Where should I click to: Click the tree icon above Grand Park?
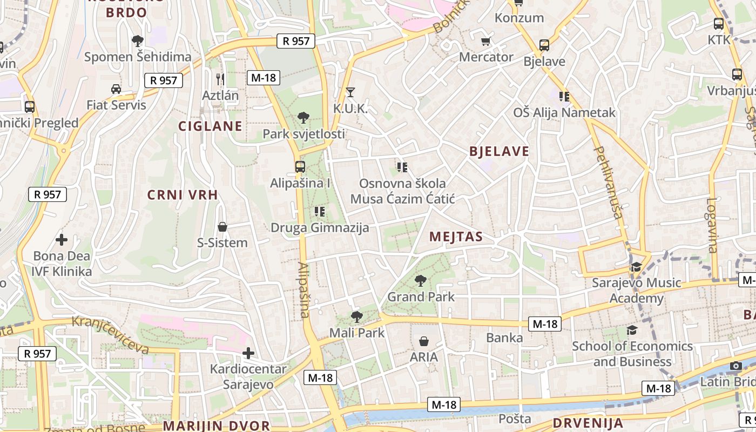click(x=420, y=280)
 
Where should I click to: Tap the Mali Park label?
click(x=357, y=333)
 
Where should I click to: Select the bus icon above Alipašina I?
click(x=300, y=166)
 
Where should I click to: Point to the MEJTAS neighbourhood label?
click(x=456, y=237)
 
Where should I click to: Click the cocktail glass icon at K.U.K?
click(x=350, y=92)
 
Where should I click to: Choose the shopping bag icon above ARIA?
click(x=424, y=341)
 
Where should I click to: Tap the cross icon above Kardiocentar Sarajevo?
click(x=248, y=354)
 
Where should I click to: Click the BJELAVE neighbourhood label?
click(x=500, y=151)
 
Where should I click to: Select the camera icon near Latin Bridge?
click(x=735, y=366)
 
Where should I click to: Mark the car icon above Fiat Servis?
click(x=116, y=89)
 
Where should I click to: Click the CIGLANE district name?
click(x=210, y=126)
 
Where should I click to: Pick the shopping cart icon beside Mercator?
click(x=486, y=41)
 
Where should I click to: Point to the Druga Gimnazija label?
click(x=320, y=227)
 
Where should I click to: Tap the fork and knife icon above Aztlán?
click(x=220, y=79)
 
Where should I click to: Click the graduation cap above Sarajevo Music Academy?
click(x=636, y=267)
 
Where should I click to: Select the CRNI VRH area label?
click(x=183, y=195)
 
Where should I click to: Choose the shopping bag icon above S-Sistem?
click(x=222, y=227)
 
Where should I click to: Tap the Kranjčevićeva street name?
click(x=110, y=335)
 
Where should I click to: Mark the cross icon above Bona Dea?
click(x=62, y=239)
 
